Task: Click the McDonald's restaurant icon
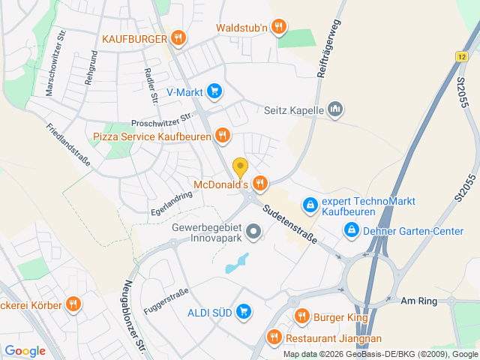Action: pos(260,183)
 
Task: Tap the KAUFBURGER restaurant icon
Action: pos(178,37)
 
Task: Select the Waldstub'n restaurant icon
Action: pos(279,28)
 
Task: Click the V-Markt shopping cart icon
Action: pos(214,91)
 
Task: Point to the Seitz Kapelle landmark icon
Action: pos(335,109)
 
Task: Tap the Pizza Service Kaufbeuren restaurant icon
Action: pos(222,136)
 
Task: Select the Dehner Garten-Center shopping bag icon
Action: pos(350,230)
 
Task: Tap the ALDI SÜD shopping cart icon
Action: pos(243,310)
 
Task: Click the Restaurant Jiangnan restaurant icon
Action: pos(274,337)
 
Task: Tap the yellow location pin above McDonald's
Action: pos(240,167)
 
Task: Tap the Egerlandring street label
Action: pos(171,202)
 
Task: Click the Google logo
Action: pos(25,350)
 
